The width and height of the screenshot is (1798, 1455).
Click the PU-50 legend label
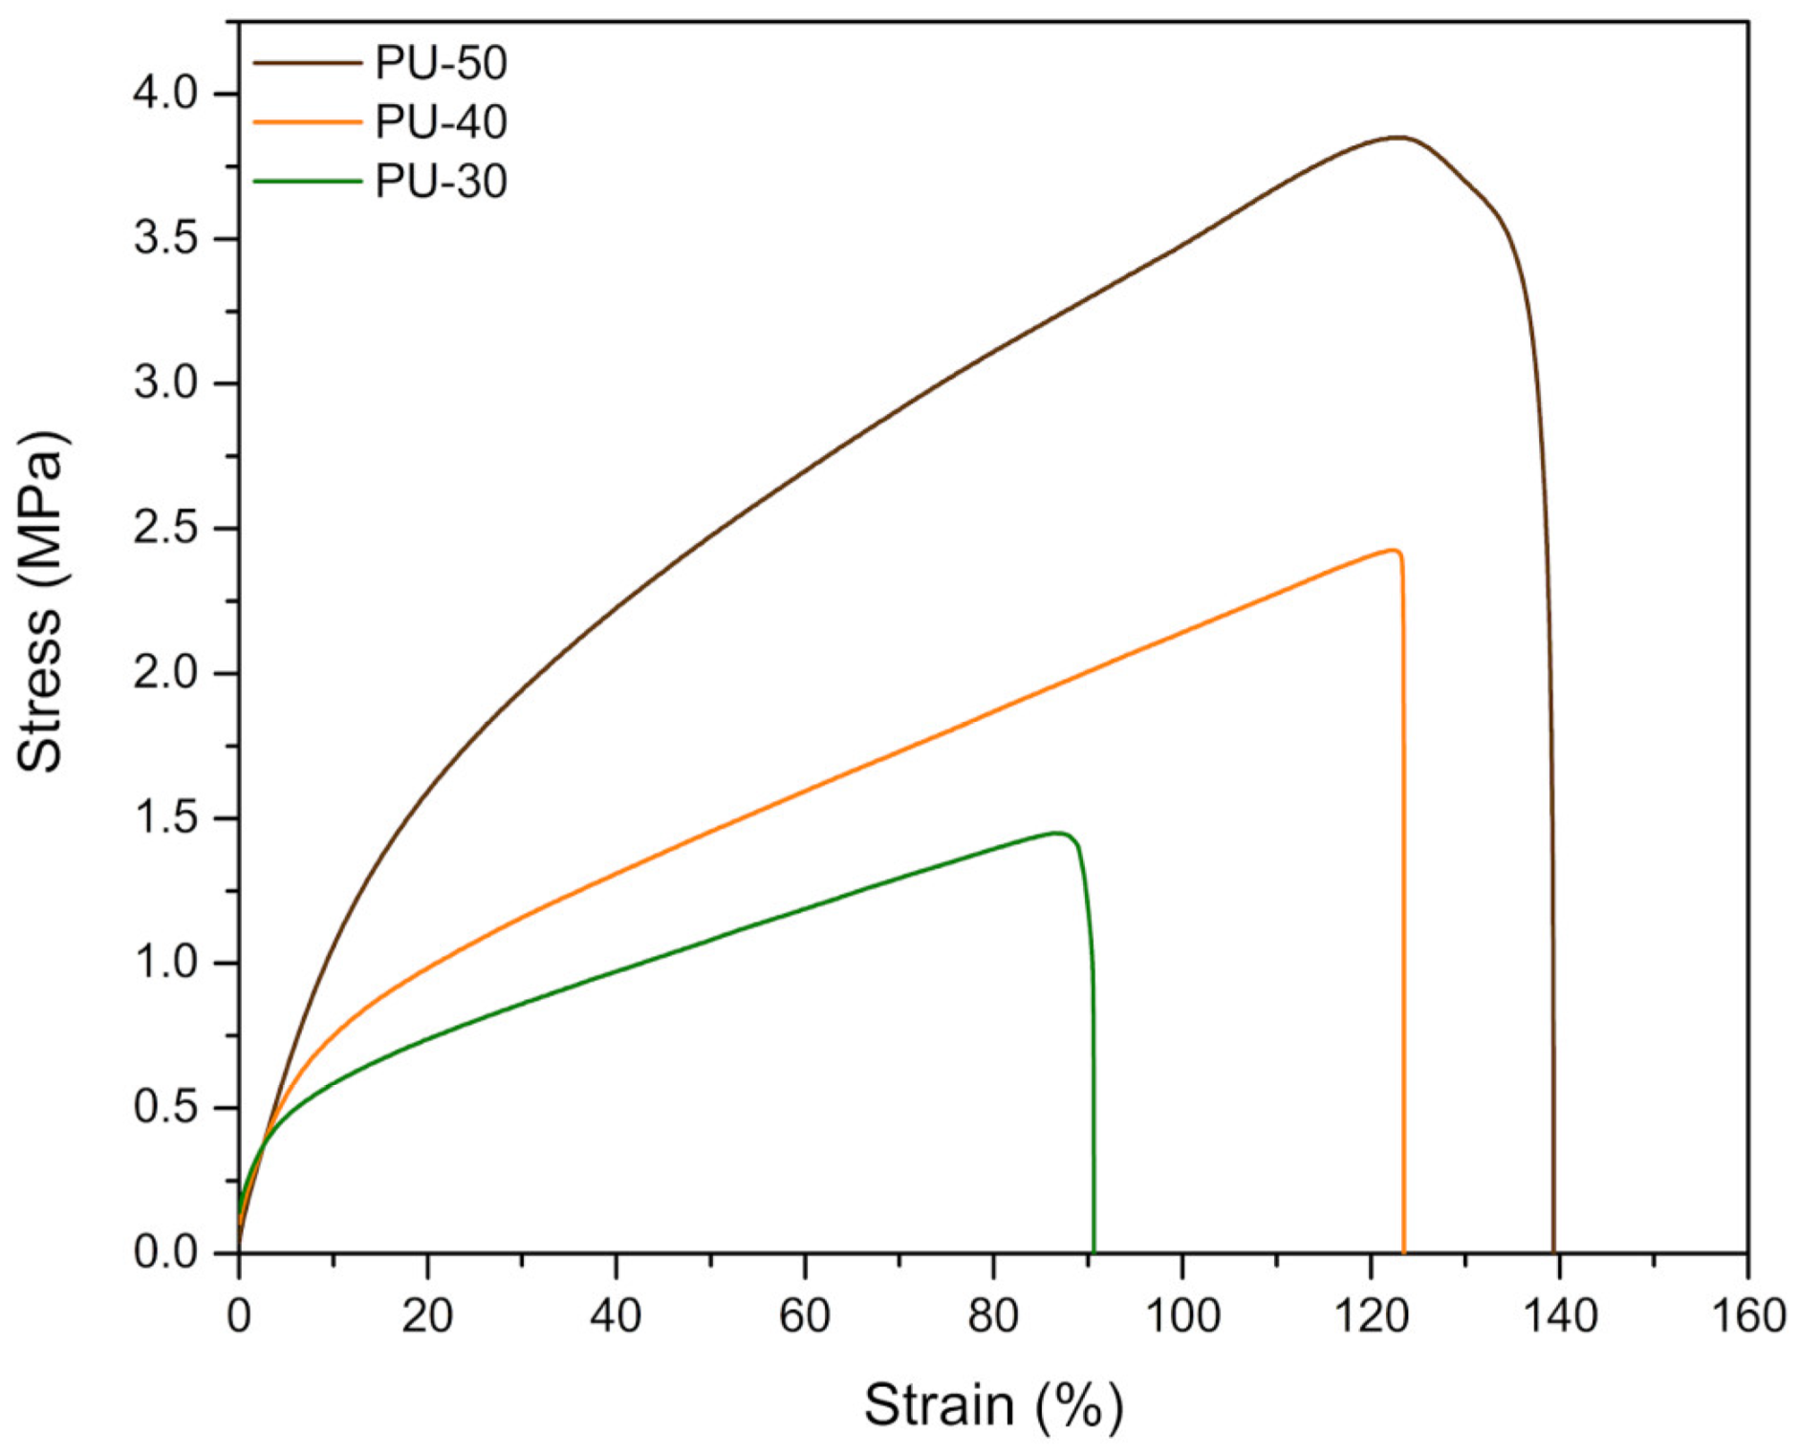click(x=440, y=63)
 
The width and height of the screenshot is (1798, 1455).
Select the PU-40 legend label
click(x=440, y=122)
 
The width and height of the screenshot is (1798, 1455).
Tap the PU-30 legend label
click(x=440, y=182)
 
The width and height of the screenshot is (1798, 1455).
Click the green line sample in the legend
click(x=307, y=182)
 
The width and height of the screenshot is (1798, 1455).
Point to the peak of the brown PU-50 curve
click(x=1397, y=138)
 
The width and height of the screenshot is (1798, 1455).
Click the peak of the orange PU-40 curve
click(x=1392, y=551)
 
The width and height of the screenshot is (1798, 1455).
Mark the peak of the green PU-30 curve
click(x=1057, y=833)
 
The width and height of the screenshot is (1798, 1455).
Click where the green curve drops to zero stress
click(x=1093, y=1250)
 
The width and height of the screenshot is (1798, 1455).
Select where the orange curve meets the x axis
click(x=1403, y=1250)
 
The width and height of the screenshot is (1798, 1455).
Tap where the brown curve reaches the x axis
click(x=1553, y=1250)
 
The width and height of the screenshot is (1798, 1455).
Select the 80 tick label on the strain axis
click(x=993, y=1317)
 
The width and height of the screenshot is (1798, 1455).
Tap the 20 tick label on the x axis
click(x=427, y=1317)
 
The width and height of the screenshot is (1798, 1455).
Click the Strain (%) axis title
click(x=993, y=1405)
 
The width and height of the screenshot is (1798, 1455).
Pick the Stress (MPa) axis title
click(x=40, y=602)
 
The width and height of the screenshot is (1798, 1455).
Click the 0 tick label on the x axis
click(x=239, y=1317)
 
